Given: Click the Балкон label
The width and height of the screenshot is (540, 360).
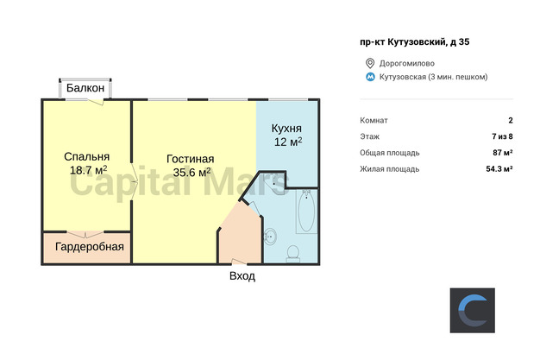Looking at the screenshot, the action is pyautogui.click(x=85, y=88).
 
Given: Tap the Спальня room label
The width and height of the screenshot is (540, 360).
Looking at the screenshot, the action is pyautogui.click(x=87, y=156).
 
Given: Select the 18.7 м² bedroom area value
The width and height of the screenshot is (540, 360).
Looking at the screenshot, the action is pyautogui.click(x=89, y=170).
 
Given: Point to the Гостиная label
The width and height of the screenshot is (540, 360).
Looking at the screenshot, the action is pyautogui.click(x=190, y=159).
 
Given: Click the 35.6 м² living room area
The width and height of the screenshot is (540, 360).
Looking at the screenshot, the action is pyautogui.click(x=192, y=172).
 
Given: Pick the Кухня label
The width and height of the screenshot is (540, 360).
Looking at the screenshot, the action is pyautogui.click(x=286, y=129).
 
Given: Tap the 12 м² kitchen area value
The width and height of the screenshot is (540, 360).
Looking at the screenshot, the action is pyautogui.click(x=288, y=142).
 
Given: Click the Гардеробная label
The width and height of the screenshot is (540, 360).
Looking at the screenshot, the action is pyautogui.click(x=90, y=247).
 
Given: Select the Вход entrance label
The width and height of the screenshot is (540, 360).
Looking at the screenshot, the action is pyautogui.click(x=242, y=276).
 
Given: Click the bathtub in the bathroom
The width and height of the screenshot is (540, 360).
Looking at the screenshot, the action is pyautogui.click(x=306, y=211).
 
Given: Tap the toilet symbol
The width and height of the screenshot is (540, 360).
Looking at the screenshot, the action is pyautogui.click(x=293, y=253).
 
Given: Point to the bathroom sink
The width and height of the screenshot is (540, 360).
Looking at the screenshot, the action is pyautogui.click(x=271, y=237).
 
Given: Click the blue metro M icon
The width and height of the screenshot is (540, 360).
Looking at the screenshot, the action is pyautogui.click(x=370, y=77).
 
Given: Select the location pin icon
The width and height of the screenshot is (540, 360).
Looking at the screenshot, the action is pyautogui.click(x=370, y=63).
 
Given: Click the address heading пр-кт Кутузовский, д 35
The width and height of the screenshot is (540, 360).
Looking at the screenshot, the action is pyautogui.click(x=415, y=42).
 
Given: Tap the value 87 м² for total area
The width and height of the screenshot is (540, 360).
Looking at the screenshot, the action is pyautogui.click(x=503, y=153).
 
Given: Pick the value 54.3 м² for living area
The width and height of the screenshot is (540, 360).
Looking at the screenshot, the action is pyautogui.click(x=499, y=168).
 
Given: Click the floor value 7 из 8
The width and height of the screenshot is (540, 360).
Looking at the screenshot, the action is pyautogui.click(x=502, y=136).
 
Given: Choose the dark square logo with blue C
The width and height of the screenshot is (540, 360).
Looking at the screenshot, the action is pyautogui.click(x=473, y=310).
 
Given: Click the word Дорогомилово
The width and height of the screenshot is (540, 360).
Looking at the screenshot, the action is pyautogui.click(x=407, y=63).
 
